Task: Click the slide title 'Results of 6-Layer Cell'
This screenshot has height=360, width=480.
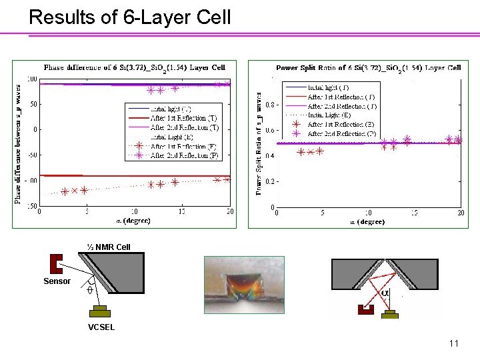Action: pyautogui.click(x=130, y=17)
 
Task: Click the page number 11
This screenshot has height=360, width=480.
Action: pyautogui.click(x=453, y=343)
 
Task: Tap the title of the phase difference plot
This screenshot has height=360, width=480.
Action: pyautogui.click(x=135, y=67)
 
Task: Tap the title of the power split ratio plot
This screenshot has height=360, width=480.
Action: pyautogui.click(x=369, y=68)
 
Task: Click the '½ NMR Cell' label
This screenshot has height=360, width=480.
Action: pyautogui.click(x=109, y=247)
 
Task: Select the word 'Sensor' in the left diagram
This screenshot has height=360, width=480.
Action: pyautogui.click(x=57, y=281)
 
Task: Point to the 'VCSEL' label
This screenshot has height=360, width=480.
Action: pyautogui.click(x=101, y=327)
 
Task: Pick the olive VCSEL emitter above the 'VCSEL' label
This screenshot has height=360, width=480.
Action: pyautogui.click(x=101, y=312)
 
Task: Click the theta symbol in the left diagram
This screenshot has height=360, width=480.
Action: pyautogui.click(x=89, y=291)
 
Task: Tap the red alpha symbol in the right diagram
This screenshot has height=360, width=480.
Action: pyautogui.click(x=385, y=292)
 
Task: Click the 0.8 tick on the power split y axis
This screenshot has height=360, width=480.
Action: pyautogui.click(x=268, y=105)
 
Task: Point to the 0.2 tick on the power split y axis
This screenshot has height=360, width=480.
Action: pyautogui.click(x=268, y=181)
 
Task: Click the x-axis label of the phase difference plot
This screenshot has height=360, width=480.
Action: pyautogui.click(x=134, y=220)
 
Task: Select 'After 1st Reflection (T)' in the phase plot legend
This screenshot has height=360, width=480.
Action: pyautogui.click(x=184, y=118)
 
